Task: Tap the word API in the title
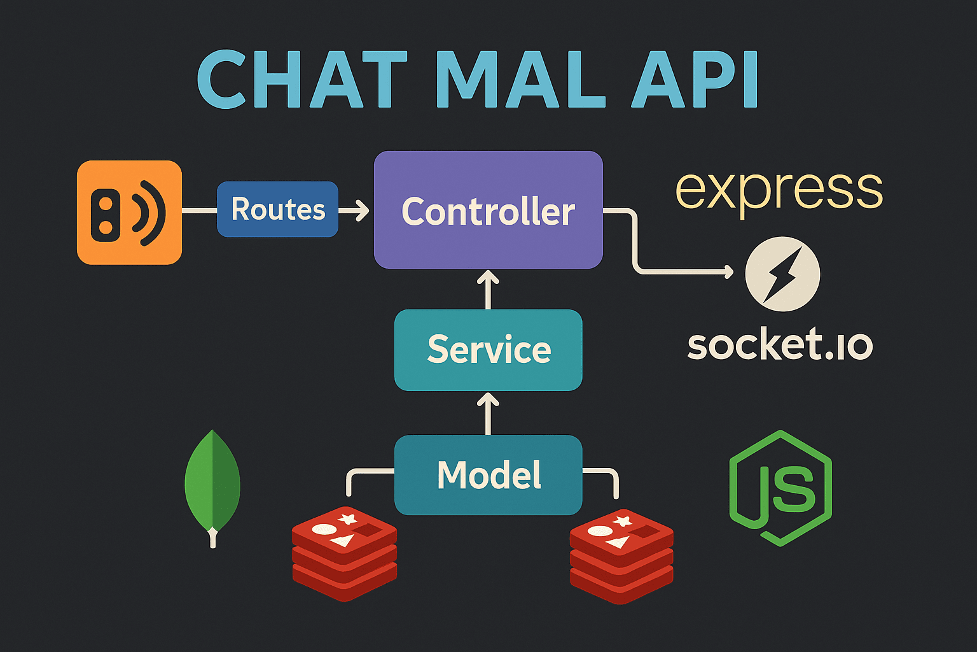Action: pyautogui.click(x=695, y=80)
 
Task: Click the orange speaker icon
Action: pyautogui.click(x=129, y=212)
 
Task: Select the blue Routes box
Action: pyautogui.click(x=277, y=209)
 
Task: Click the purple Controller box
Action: pyautogui.click(x=488, y=210)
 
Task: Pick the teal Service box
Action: pyautogui.click(x=488, y=350)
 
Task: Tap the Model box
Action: pyautogui.click(x=488, y=475)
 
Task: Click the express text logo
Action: pyautogui.click(x=779, y=189)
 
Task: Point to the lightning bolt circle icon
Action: pyautogui.click(x=782, y=274)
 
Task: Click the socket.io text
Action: pyautogui.click(x=780, y=344)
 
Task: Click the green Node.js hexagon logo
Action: pyautogui.click(x=780, y=488)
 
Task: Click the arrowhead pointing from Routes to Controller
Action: pyautogui.click(x=363, y=210)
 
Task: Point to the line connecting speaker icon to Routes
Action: pyautogui.click(x=199, y=210)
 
